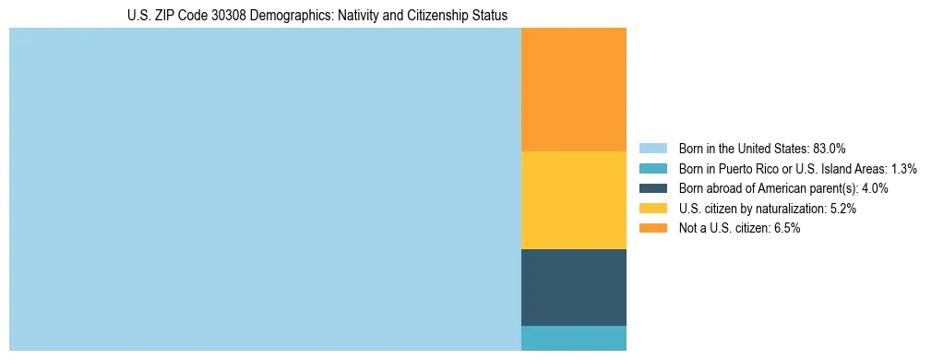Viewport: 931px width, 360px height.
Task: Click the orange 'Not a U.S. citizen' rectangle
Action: click(573, 90)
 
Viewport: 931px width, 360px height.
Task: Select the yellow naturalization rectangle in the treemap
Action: click(573, 200)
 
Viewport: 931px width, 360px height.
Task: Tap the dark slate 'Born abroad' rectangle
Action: click(573, 287)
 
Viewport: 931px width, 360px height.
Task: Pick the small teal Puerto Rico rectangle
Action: click(573, 338)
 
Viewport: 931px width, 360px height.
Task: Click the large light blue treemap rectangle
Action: click(265, 189)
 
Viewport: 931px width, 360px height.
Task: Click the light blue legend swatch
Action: click(652, 148)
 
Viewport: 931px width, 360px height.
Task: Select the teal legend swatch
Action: click(652, 168)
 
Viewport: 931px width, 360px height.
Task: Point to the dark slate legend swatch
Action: click(652, 188)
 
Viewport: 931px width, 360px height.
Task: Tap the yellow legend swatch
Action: click(652, 209)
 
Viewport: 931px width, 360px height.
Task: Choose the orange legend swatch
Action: click(652, 228)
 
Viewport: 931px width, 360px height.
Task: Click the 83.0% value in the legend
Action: click(829, 148)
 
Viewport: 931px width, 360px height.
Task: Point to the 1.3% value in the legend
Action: click(901, 168)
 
